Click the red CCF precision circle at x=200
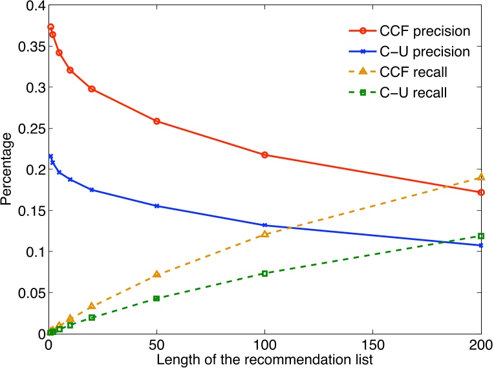(480, 192)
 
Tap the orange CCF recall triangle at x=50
(156, 274)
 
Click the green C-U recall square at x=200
(480, 235)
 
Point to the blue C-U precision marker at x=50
(156, 206)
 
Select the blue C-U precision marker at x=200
(480, 245)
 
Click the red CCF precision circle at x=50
(156, 121)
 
